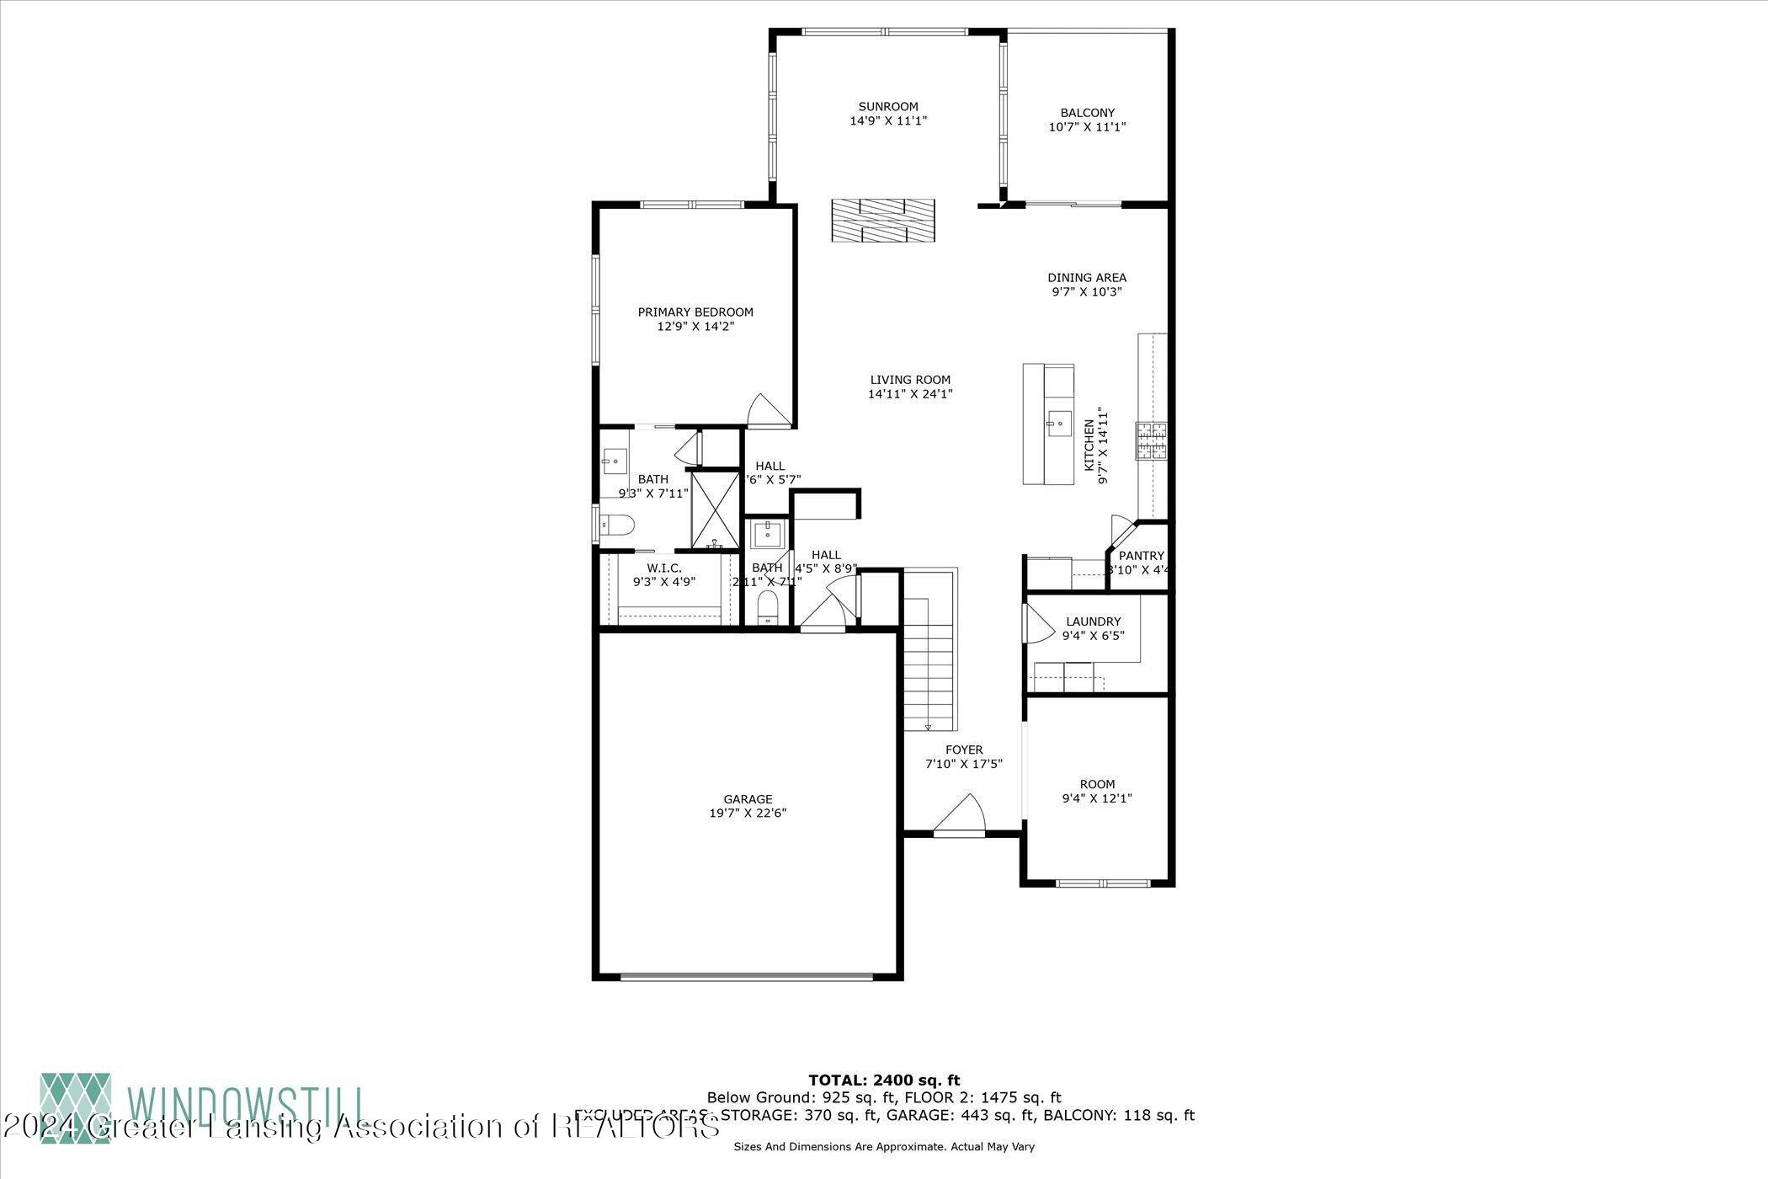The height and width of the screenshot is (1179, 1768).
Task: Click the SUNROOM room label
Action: [x=888, y=107]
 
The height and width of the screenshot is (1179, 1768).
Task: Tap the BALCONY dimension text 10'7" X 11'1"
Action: [x=1087, y=127]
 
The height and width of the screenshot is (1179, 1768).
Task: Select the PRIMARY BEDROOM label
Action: [x=695, y=312]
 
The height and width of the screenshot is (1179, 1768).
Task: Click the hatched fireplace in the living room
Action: [x=882, y=221]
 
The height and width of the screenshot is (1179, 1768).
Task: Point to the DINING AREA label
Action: [x=1086, y=277]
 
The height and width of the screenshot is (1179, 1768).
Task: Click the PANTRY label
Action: [x=1141, y=556]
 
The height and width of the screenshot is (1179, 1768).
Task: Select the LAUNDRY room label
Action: [x=1093, y=622]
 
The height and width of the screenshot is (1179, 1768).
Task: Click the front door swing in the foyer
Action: [x=961, y=814]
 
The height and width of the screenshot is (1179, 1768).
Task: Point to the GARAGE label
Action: [x=748, y=799]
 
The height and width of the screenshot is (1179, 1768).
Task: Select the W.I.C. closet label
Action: [x=664, y=568]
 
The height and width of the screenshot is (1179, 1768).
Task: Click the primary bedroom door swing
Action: [x=768, y=411]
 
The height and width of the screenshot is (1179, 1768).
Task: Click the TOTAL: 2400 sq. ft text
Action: [x=884, y=1080]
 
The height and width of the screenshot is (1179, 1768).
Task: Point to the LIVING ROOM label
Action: [x=910, y=380]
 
